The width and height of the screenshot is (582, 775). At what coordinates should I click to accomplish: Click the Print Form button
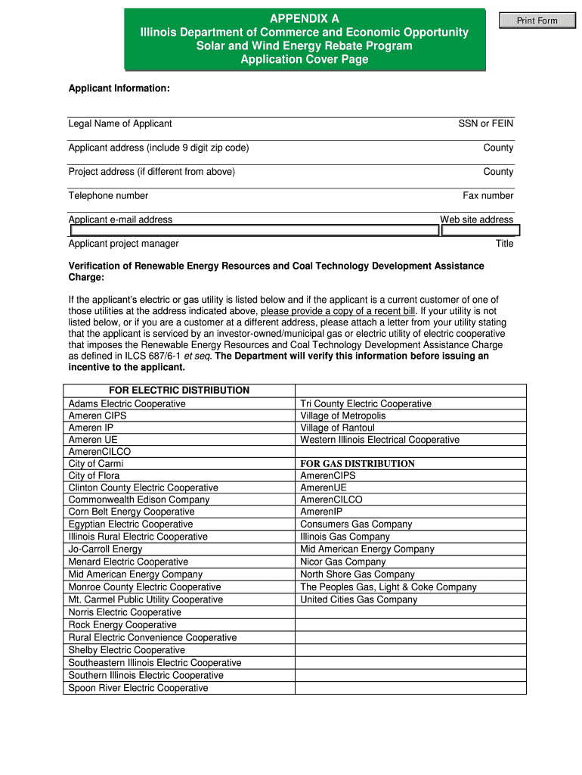tap(537, 20)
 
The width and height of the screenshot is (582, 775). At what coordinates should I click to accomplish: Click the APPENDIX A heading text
tap(305, 18)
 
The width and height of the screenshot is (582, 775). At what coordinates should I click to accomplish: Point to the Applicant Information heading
tap(119, 89)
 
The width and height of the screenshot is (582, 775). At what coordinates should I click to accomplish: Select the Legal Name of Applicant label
tap(120, 123)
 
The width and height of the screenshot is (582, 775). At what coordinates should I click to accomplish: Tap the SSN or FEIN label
tap(485, 123)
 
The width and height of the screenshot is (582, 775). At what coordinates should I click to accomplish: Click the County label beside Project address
tap(498, 172)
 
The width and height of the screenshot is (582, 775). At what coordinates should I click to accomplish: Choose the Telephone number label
tap(108, 195)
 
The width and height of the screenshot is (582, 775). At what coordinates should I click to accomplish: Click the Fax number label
tap(488, 195)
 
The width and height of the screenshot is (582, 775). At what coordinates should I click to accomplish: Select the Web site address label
tap(476, 219)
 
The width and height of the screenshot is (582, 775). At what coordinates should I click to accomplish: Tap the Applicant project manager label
tap(124, 244)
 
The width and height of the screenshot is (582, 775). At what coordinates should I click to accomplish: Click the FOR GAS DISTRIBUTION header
tap(358, 464)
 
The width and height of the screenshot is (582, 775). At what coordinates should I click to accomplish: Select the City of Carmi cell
tap(96, 464)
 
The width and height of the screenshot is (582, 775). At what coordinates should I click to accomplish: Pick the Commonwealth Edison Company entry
tap(139, 500)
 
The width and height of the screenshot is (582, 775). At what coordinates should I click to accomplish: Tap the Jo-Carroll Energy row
tap(105, 549)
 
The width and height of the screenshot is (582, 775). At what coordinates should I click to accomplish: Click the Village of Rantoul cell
tap(337, 428)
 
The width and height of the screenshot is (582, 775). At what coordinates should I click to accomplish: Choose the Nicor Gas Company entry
tap(343, 562)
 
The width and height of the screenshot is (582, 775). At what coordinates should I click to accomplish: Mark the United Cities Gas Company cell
tap(358, 599)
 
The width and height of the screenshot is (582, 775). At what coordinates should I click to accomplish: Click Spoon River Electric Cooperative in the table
tap(138, 688)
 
